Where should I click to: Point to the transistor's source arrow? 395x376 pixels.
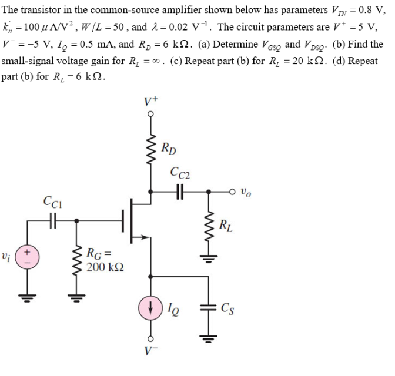click(140, 237)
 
